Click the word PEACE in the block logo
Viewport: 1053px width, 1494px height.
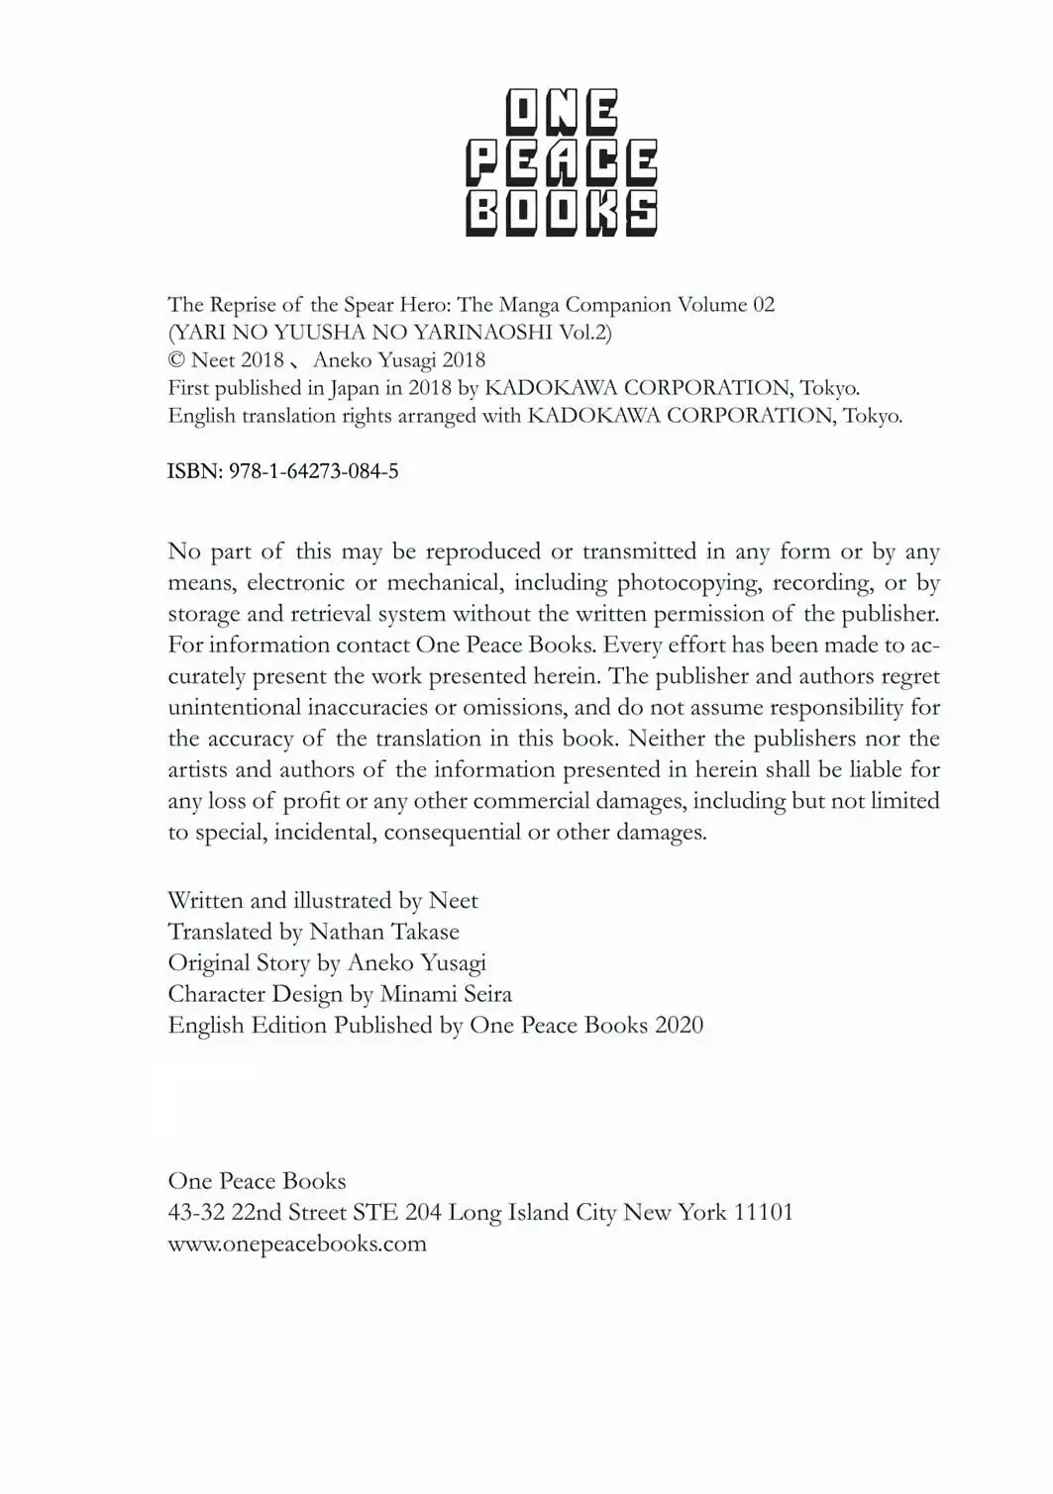tap(562, 163)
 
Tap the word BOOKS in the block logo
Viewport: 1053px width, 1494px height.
tap(562, 213)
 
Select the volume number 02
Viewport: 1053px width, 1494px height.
tap(764, 305)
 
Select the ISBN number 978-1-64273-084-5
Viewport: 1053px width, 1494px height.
tap(314, 471)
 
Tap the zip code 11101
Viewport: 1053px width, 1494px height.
tap(763, 1213)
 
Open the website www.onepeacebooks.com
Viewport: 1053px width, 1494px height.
tap(297, 1245)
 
